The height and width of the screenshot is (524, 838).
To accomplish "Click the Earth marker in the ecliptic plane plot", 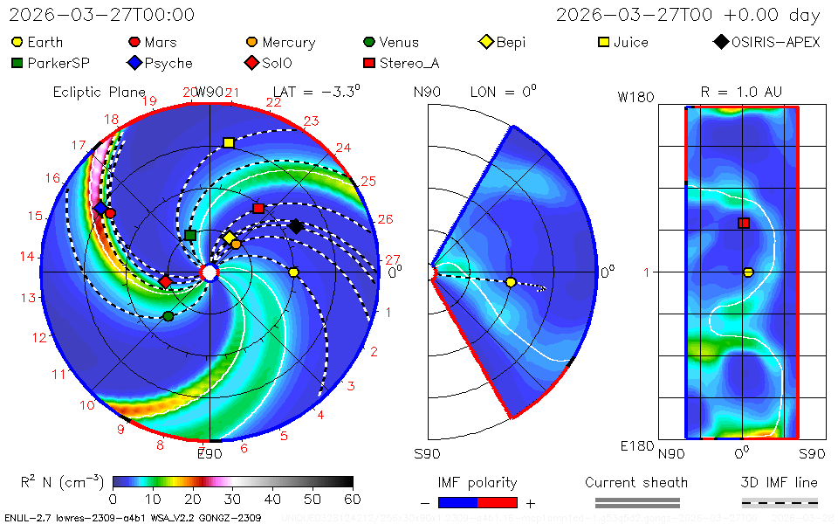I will point(293,272).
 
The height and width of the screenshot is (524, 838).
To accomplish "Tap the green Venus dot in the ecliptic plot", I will point(168,315).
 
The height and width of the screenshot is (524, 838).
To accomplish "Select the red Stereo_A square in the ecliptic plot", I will point(258,209).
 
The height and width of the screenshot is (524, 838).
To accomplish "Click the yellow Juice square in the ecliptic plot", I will point(229,142).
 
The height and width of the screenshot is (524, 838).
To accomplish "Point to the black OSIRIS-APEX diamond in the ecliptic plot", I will point(296,226).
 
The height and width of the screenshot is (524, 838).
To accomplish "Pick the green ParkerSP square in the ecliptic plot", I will point(190,235).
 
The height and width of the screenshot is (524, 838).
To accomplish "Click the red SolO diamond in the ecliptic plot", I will point(166,281).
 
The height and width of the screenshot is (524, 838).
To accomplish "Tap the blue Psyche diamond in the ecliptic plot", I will point(100,208).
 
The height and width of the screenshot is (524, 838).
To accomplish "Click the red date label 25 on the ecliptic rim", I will point(367,182).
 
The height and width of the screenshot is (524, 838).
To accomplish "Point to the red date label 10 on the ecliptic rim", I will point(87,405).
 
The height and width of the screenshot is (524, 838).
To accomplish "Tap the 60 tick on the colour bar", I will point(353,500).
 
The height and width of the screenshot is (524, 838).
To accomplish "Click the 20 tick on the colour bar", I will point(193,500).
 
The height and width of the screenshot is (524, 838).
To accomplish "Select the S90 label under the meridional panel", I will point(427,454).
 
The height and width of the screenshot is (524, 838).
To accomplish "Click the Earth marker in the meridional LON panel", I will point(511,282).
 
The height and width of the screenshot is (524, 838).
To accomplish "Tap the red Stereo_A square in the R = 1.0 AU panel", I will point(744,223).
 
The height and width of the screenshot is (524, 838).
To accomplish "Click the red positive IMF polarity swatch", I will point(498,502).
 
